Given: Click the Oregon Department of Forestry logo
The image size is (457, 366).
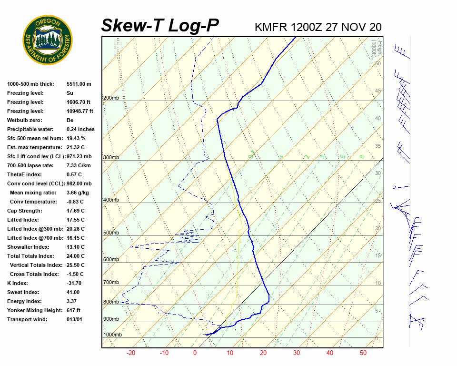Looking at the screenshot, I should tap(48, 40).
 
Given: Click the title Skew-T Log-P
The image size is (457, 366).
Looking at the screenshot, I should tap(160, 25).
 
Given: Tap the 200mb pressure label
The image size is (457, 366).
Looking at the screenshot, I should tap(111, 98).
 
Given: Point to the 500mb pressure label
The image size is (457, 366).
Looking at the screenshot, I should tap(111, 233).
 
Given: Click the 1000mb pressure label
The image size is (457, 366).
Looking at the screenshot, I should tap(112, 335).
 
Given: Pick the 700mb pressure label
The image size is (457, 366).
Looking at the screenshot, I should tap(111, 282).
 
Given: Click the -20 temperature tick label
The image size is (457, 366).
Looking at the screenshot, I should tap(131, 353).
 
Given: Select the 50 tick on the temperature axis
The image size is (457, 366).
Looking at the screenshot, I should tap(363, 353).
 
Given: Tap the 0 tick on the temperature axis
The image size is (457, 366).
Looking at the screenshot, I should tap(195, 353).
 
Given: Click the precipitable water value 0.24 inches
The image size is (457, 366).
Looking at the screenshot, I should tap(80, 129).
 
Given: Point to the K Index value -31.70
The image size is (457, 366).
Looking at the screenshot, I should tap(75, 283).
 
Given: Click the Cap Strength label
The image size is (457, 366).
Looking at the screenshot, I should tap(24, 211).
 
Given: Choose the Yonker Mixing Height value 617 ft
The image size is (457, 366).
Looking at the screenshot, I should tap(74, 310).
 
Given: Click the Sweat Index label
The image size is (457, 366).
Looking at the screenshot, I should tap(23, 292).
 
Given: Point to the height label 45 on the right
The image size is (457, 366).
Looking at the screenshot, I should tap(378, 91).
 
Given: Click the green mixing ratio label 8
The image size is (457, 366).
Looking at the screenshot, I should tap(362, 156).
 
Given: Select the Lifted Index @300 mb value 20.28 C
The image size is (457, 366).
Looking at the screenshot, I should tap(76, 229).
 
